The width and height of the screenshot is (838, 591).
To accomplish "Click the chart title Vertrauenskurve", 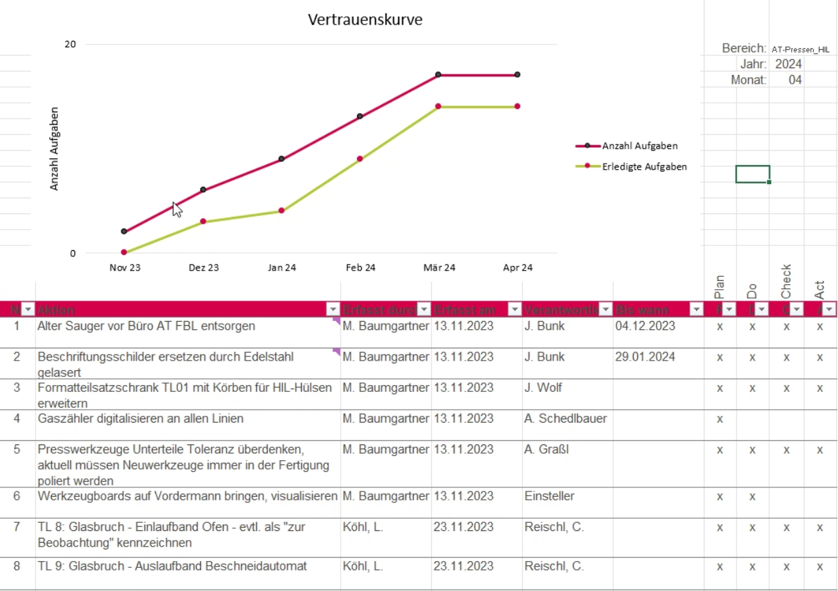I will (365, 20).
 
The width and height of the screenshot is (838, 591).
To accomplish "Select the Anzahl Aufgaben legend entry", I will (639, 146).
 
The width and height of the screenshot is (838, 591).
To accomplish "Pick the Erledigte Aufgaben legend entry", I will (644, 166).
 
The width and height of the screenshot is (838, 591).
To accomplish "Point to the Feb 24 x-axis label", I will (360, 268).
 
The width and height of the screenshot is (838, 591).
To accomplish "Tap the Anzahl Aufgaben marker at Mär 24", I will (438, 74).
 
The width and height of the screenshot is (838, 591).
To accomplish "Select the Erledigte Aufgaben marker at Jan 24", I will (281, 211).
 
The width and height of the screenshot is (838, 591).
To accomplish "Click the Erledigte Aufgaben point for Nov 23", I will (124, 252).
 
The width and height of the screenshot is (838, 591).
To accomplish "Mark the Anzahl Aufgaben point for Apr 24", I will (518, 74).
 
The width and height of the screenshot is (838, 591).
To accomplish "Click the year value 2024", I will (788, 64).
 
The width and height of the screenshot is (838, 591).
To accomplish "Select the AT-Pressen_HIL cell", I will (801, 49).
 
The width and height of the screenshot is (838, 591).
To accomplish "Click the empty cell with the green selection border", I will (753, 174).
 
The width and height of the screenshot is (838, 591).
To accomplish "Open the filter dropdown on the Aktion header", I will (332, 309).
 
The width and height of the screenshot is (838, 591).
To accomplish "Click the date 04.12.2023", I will (645, 326).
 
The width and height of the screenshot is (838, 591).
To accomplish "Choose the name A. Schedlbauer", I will (565, 419).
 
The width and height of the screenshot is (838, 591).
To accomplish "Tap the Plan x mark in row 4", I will (719, 419).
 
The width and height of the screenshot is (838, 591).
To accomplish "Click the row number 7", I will (17, 528).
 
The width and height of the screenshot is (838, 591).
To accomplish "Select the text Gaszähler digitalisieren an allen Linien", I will (140, 419).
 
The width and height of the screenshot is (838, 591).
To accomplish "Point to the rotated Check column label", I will (786, 281).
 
